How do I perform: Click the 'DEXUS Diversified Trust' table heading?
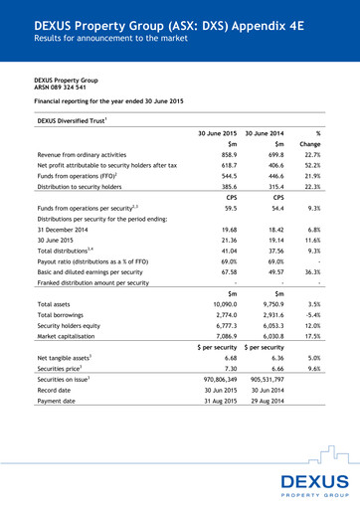click(x=73, y=119)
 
